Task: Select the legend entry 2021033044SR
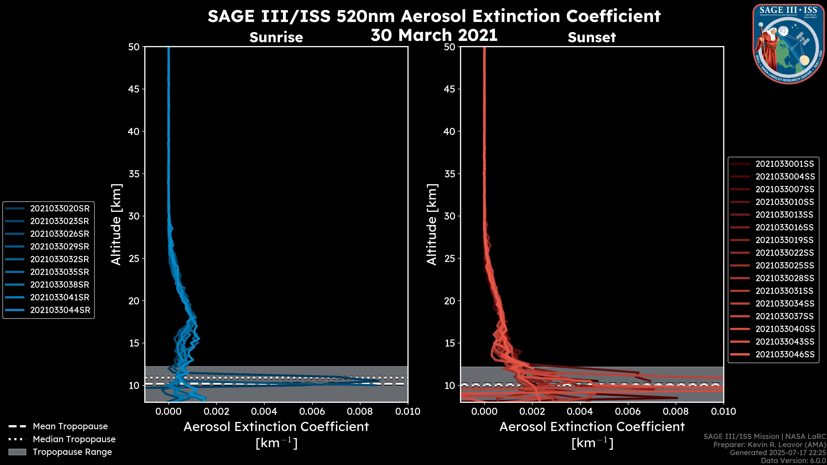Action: [x=60, y=310]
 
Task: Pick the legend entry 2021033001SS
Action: [x=785, y=164]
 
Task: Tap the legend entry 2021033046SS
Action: [x=785, y=355]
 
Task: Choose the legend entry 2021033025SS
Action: [x=785, y=266]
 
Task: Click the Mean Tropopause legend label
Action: [x=70, y=426]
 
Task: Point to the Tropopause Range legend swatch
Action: [x=17, y=452]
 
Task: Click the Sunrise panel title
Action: [x=276, y=37]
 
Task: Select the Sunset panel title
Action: [x=592, y=37]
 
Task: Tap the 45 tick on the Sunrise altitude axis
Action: [x=134, y=89]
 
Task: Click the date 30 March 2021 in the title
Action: [x=434, y=35]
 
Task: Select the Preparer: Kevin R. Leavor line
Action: [x=769, y=445]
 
